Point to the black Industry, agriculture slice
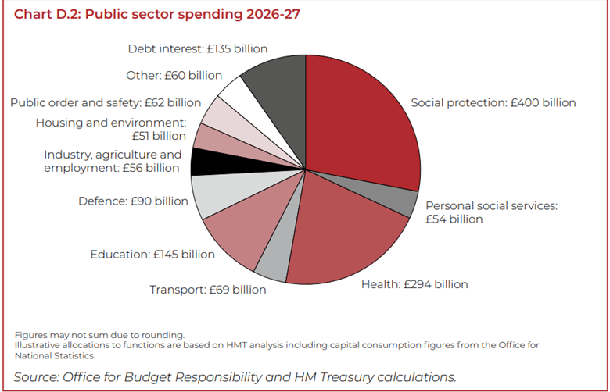(203, 162)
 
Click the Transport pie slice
(271, 266)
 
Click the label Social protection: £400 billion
(493, 102)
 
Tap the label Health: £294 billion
(414, 284)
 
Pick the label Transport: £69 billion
(207, 290)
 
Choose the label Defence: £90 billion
(133, 201)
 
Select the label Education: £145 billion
(152, 254)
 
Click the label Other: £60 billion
(174, 76)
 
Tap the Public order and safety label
(106, 102)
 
